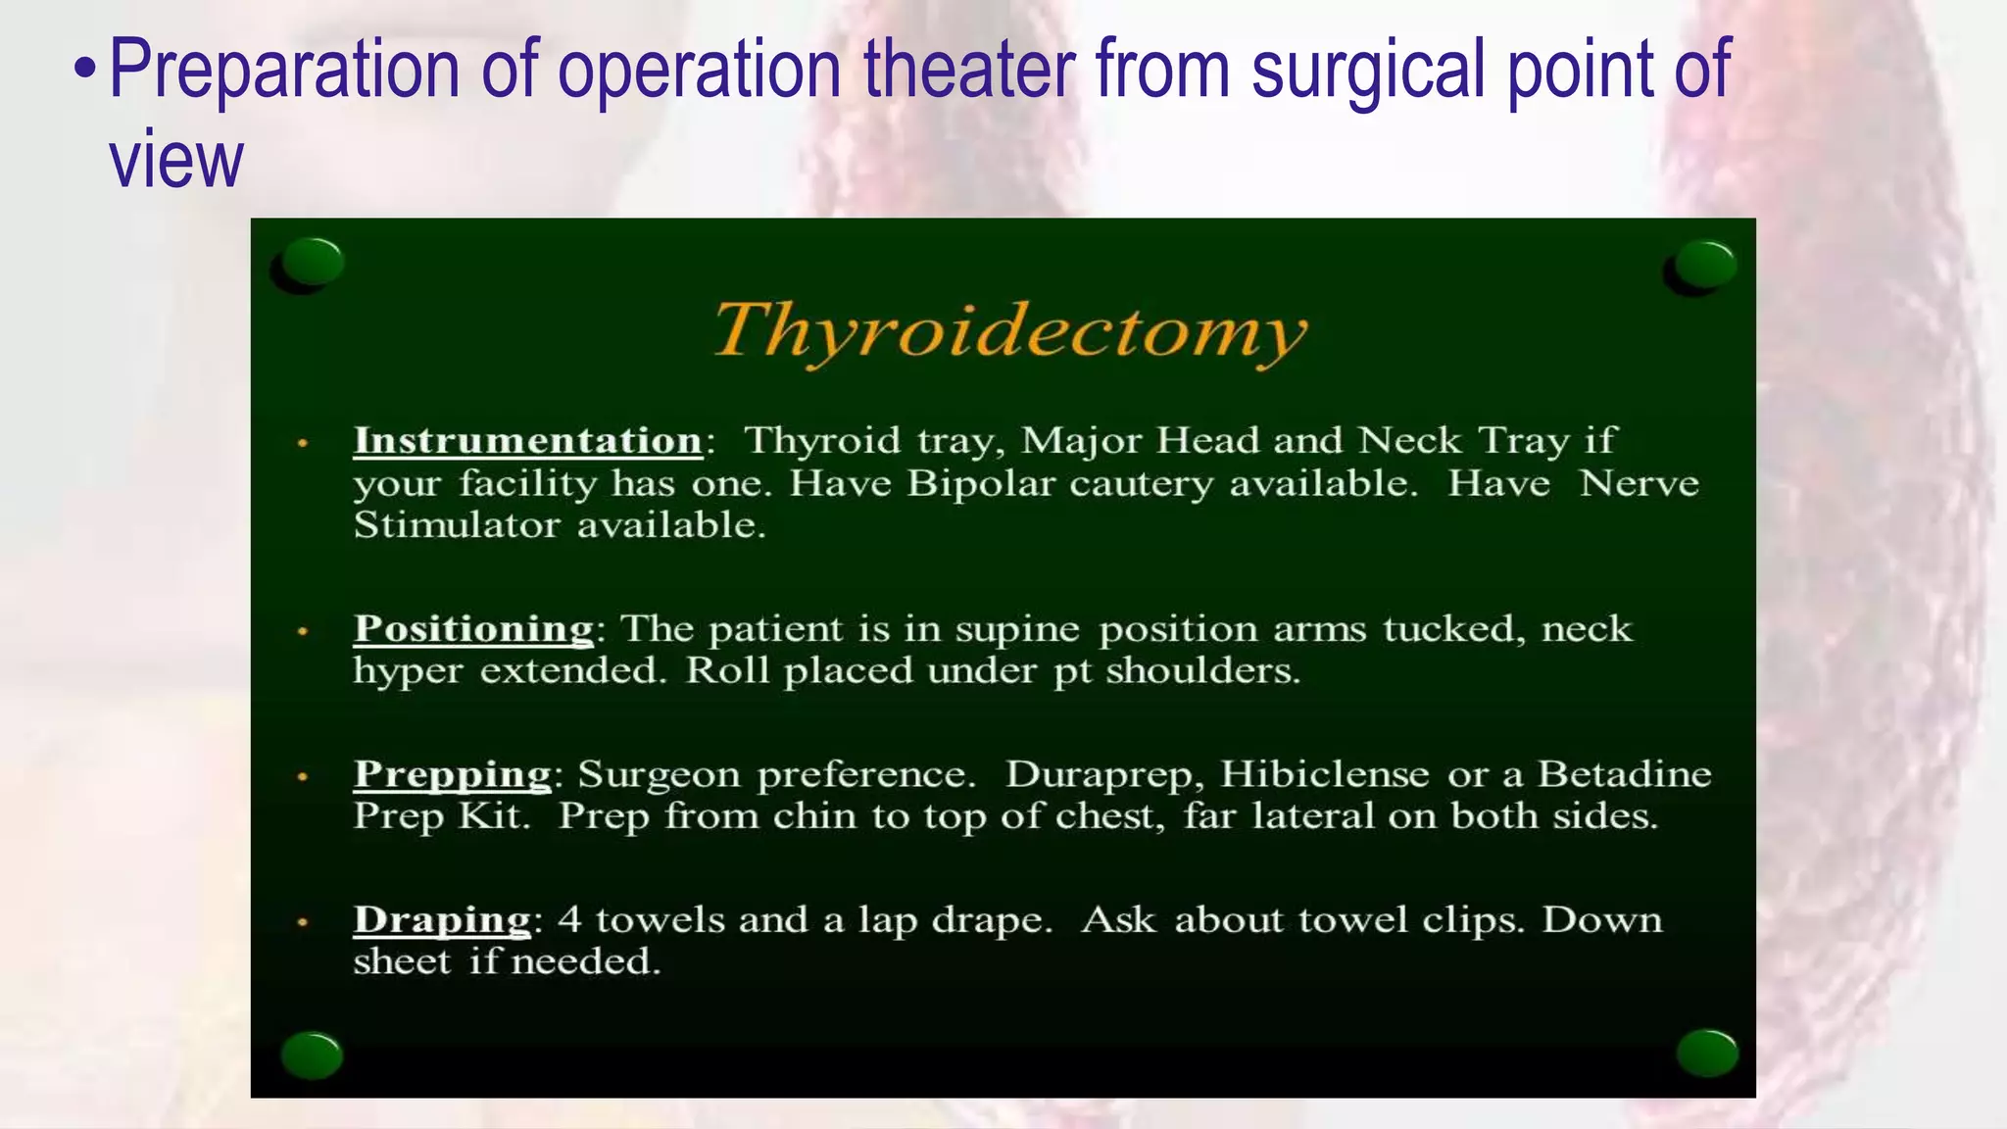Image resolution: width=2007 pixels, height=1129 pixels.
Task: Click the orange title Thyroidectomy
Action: pyautogui.click(x=1009, y=331)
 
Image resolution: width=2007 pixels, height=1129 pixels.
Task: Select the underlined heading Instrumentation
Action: pyautogui.click(x=527, y=440)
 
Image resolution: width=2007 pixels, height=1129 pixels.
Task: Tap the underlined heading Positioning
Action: pyautogui.click(x=473, y=628)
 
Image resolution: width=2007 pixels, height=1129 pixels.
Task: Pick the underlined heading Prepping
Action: pyautogui.click(x=452, y=774)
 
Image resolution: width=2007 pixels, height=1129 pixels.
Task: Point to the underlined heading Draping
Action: pyautogui.click(x=442, y=919)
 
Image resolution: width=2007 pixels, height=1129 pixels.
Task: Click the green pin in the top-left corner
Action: pyautogui.click(x=312, y=263)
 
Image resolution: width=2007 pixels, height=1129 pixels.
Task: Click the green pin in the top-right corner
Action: pyautogui.click(x=1704, y=265)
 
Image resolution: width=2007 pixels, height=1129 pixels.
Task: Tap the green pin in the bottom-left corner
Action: pyautogui.click(x=312, y=1055)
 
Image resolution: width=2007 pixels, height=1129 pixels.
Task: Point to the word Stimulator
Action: pyautogui.click(x=457, y=525)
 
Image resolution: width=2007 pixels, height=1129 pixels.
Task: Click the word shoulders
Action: pyautogui.click(x=1202, y=671)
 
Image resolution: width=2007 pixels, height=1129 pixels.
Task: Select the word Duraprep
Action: pyautogui.click(x=1104, y=775)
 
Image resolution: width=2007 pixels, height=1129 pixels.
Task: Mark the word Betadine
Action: pyautogui.click(x=1624, y=774)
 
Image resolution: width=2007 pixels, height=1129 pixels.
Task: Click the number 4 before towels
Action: pyautogui.click(x=569, y=920)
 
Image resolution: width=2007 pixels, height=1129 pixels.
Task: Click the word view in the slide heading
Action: pyautogui.click(x=175, y=160)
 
